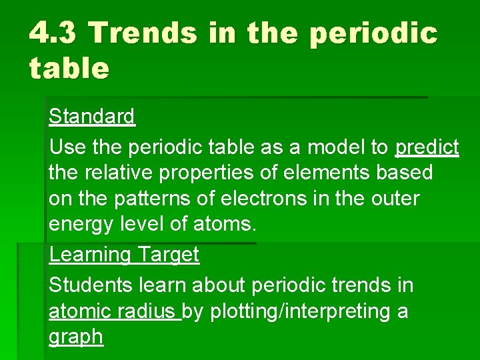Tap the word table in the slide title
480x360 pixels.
click(x=69, y=67)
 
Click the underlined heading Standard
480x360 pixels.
click(x=92, y=117)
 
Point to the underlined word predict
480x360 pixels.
click(x=427, y=147)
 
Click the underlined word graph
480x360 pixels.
click(x=76, y=337)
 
